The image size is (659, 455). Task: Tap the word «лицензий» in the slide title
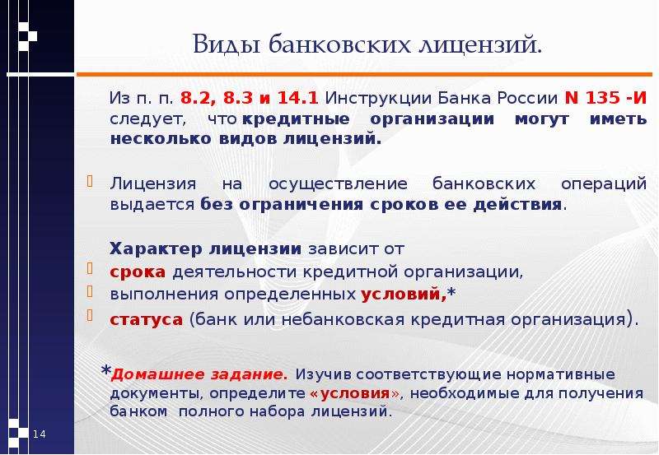(x=480, y=45)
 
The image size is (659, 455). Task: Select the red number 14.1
(x=298, y=98)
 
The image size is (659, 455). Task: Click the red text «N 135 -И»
(x=605, y=98)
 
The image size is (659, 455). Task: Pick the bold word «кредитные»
(x=296, y=119)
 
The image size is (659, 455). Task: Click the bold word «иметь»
(x=619, y=119)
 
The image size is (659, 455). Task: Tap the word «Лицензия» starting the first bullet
(x=153, y=184)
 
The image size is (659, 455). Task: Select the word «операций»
(x=604, y=184)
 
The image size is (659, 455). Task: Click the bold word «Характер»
(x=156, y=249)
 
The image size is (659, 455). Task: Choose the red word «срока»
(x=138, y=272)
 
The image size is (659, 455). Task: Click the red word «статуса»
(x=147, y=320)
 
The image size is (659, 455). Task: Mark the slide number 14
(x=39, y=434)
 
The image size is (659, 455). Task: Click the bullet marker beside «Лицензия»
(x=90, y=181)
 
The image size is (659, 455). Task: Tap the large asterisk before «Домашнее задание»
(x=106, y=370)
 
